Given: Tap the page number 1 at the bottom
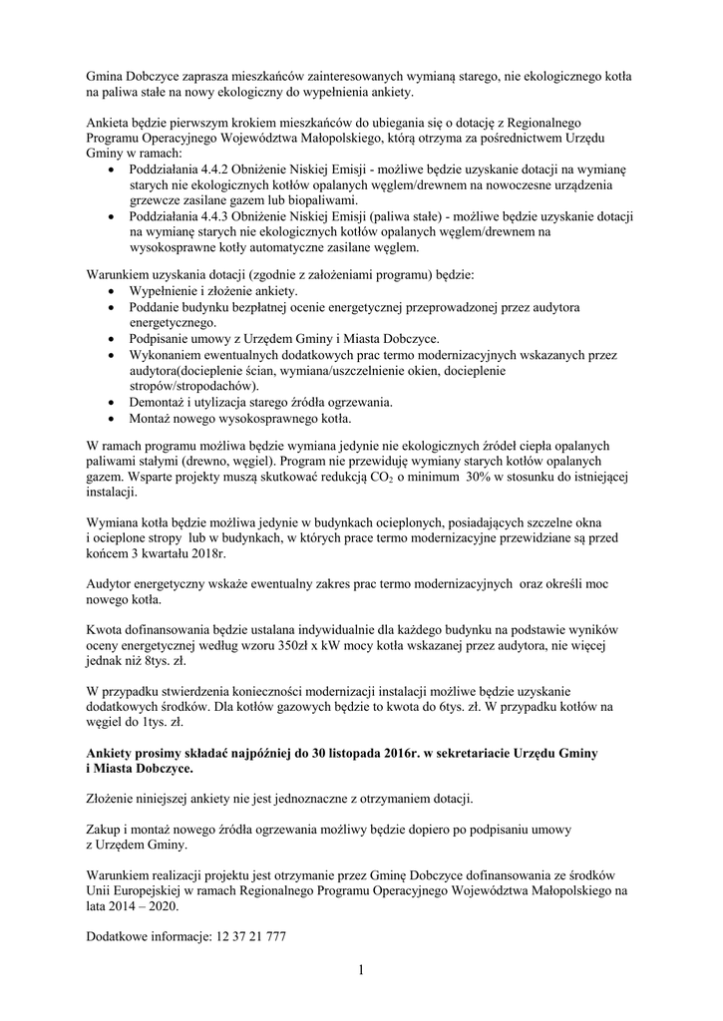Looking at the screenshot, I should click(x=361, y=970).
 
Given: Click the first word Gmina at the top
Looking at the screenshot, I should click(x=107, y=76).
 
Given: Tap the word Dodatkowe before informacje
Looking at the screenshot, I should click(x=123, y=937).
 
